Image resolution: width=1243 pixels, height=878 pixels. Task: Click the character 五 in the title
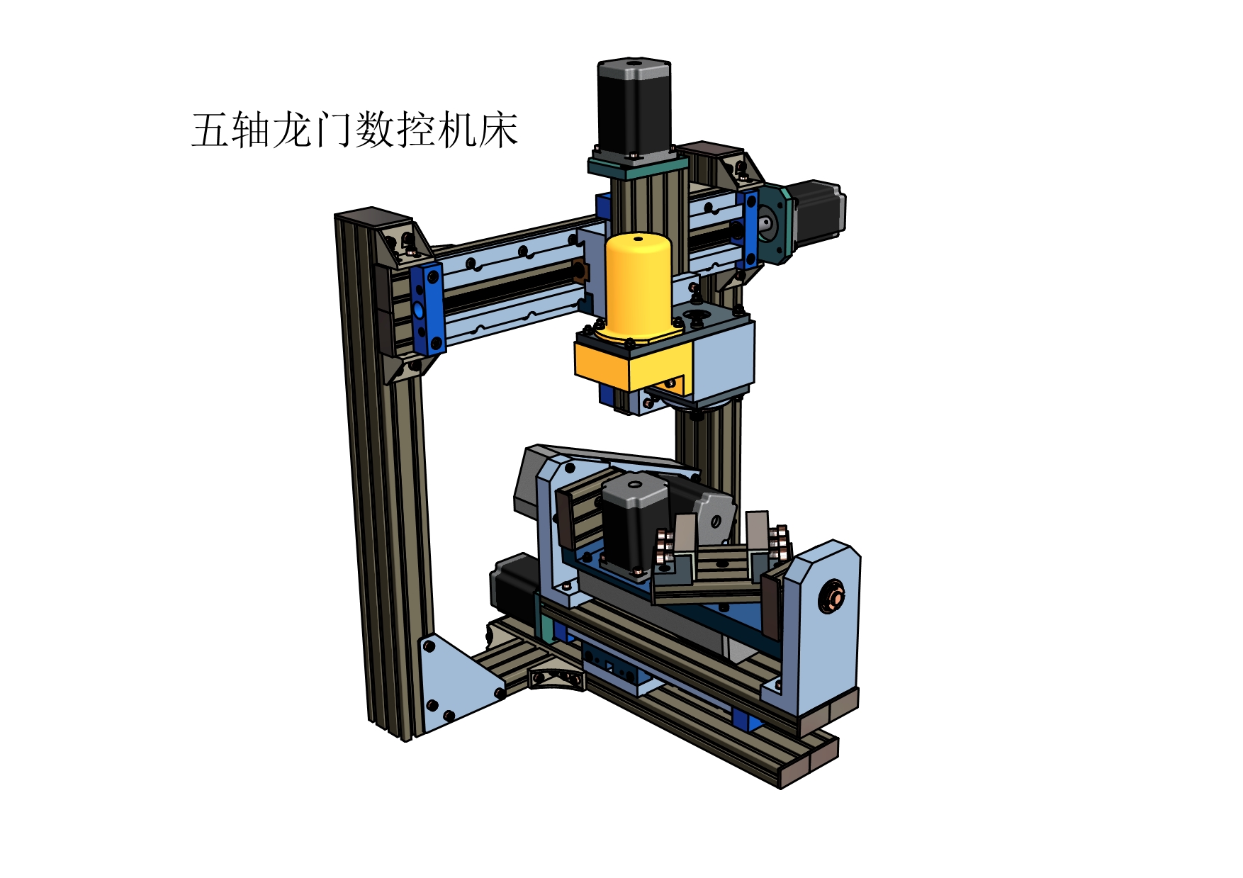point(211,130)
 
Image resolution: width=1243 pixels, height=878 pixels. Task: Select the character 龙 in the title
point(293,130)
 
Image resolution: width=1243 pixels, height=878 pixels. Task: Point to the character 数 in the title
point(375,130)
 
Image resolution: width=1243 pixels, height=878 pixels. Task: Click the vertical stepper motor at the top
point(634,106)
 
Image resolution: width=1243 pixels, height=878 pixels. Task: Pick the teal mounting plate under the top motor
point(637,166)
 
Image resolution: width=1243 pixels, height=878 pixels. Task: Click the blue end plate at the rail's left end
point(427,308)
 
